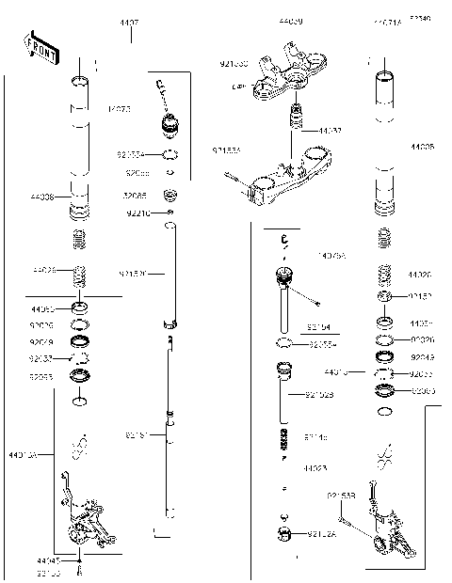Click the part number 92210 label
point(137,213)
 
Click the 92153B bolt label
point(340,496)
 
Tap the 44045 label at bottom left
point(49,559)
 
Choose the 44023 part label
point(315,467)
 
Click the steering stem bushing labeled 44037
point(296,121)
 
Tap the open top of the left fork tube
point(81,79)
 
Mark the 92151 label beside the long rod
point(137,435)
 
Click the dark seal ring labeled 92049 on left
point(82,340)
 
